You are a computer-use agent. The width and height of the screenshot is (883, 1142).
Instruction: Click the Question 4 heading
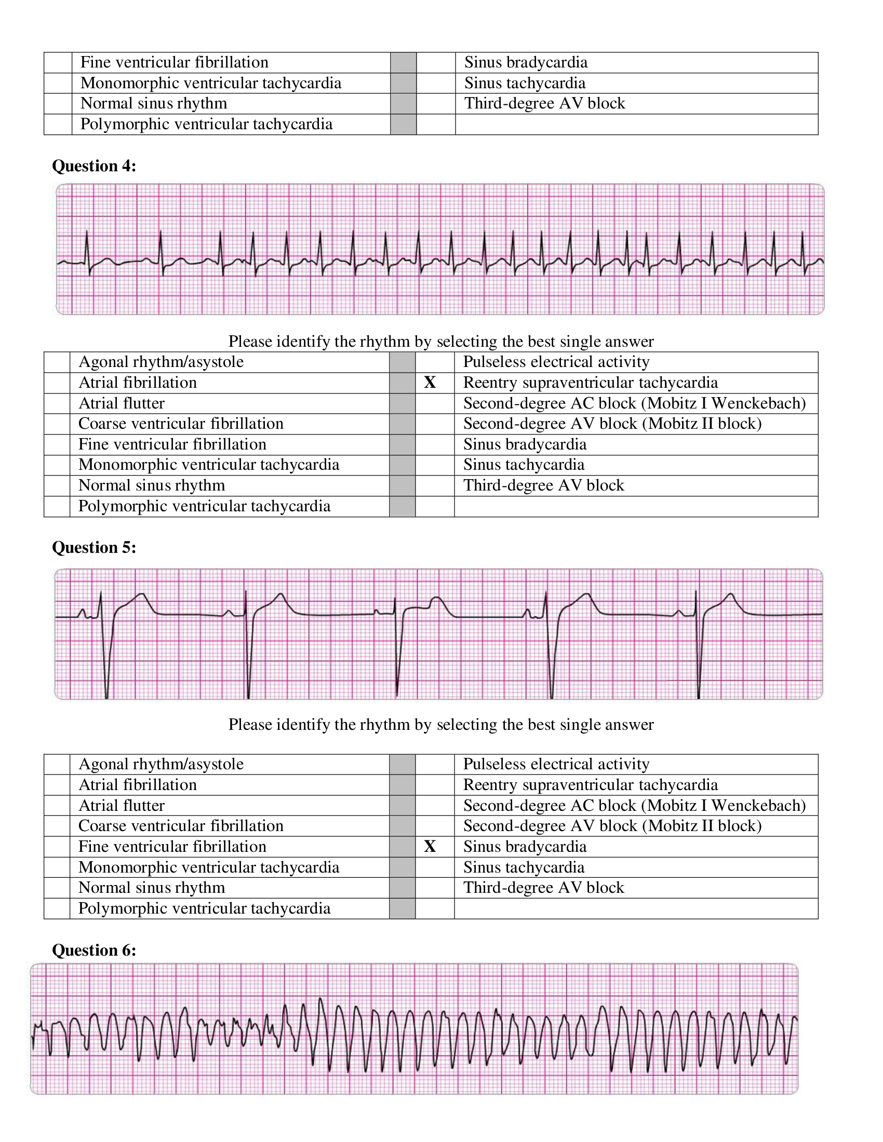[x=94, y=166]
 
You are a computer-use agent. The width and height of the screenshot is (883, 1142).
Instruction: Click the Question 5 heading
[x=94, y=547]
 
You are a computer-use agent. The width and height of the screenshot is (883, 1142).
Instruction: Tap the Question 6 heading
[x=94, y=949]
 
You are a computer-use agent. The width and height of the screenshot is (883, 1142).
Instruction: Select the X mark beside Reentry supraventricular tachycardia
[x=430, y=382]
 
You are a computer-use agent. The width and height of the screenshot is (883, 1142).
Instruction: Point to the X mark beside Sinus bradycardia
[x=430, y=846]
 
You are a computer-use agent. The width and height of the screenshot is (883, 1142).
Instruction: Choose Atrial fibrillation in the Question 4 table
[x=138, y=382]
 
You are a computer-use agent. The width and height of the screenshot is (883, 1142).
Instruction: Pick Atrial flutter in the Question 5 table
[x=122, y=805]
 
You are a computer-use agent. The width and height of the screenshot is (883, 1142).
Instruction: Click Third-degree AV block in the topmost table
[x=544, y=103]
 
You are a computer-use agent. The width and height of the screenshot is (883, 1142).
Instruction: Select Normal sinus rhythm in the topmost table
[x=154, y=103]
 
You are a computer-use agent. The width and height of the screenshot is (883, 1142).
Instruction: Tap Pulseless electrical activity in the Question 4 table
[x=556, y=361]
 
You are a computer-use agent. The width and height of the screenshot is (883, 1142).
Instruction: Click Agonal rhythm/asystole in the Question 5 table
[x=161, y=764]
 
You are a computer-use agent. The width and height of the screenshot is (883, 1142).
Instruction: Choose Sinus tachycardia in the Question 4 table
[x=524, y=465]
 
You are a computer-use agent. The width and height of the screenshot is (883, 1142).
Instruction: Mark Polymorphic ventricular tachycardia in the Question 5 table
[x=205, y=908]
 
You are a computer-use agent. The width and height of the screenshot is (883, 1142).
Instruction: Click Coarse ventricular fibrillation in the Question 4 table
[x=181, y=423]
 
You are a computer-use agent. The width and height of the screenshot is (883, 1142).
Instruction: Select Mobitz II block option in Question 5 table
[x=612, y=826]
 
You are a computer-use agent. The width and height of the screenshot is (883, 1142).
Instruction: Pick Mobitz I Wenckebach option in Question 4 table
[x=634, y=403]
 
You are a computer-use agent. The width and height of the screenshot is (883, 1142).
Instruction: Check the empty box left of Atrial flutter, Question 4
[x=57, y=403]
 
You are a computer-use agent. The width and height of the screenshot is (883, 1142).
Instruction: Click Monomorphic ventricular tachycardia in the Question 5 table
[x=209, y=867]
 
